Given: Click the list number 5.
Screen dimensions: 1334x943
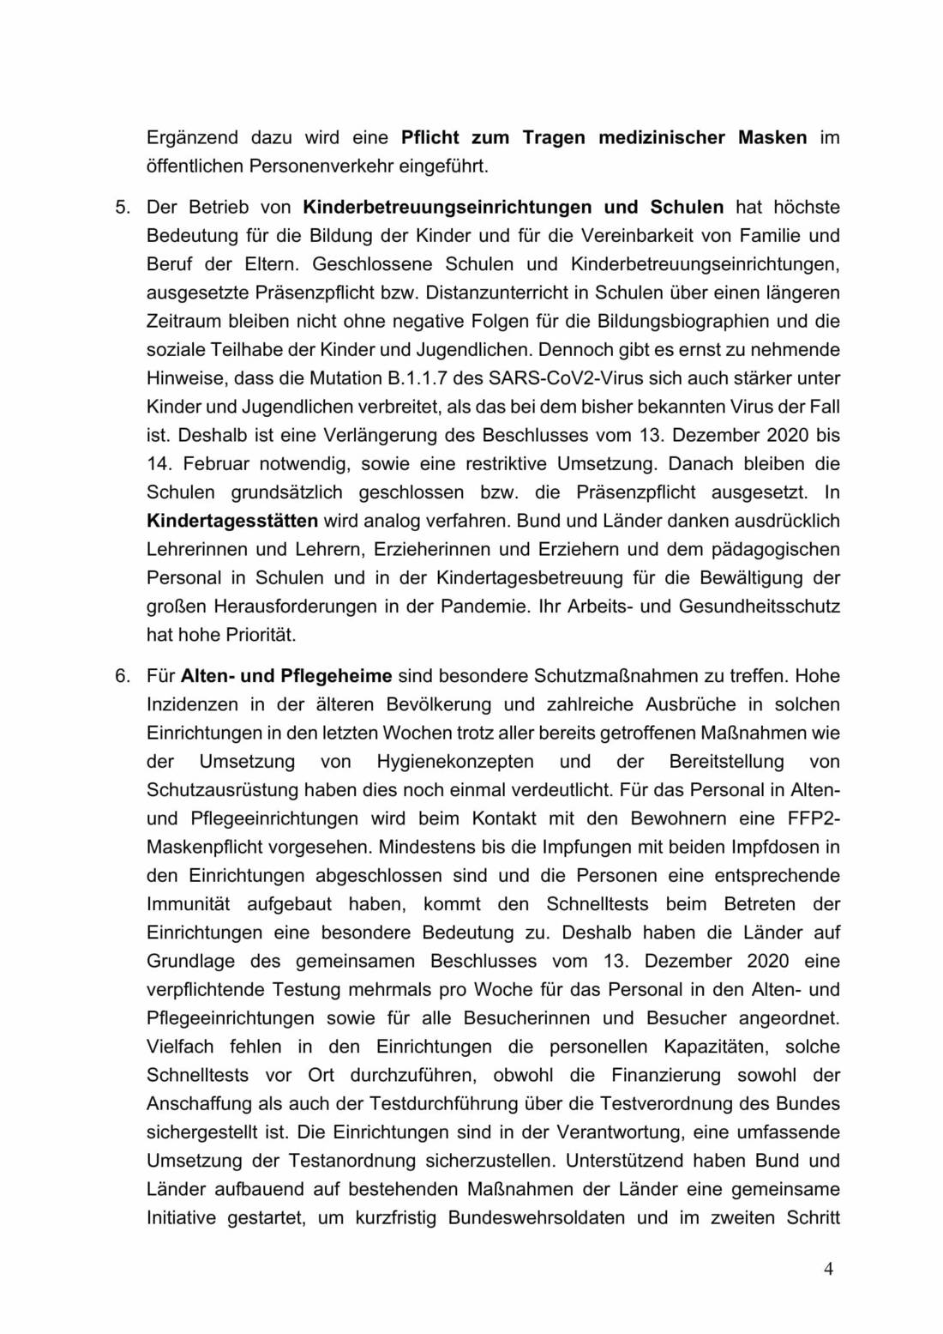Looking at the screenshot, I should [x=123, y=207].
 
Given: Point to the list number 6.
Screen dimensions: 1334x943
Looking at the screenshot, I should [x=123, y=676].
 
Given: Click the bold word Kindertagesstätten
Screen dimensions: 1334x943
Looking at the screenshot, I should [x=232, y=521].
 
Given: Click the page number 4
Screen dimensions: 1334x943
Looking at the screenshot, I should [x=828, y=1270].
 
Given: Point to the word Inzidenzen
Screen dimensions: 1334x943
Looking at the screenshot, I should [x=192, y=705].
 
